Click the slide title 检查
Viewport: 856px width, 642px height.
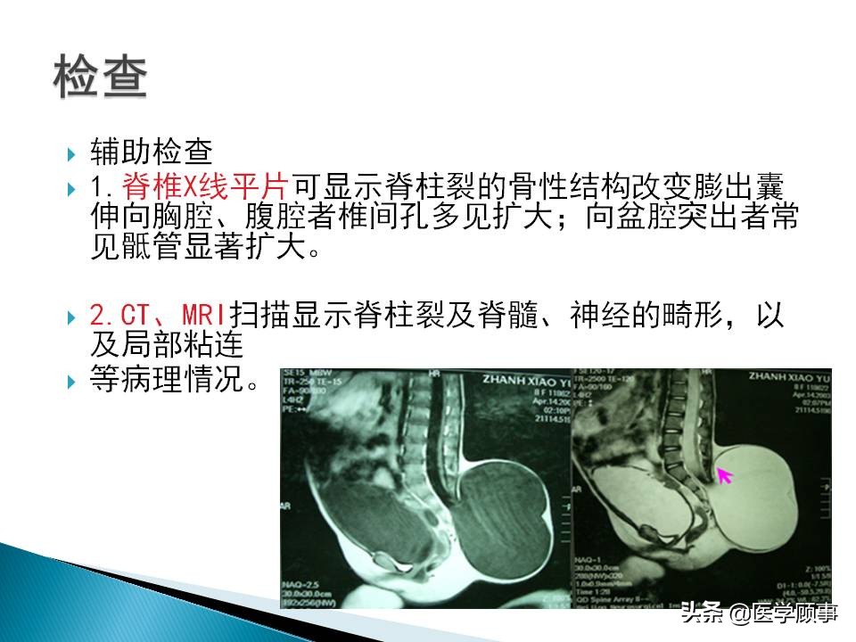(x=100, y=78)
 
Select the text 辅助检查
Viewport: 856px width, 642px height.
(x=149, y=154)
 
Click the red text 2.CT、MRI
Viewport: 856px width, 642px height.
(x=159, y=316)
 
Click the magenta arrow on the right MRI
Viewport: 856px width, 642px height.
(x=725, y=475)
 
